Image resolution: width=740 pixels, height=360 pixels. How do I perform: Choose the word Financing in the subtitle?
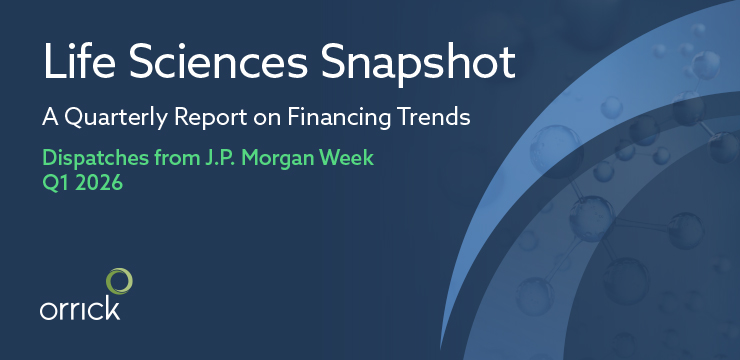(x=344, y=118)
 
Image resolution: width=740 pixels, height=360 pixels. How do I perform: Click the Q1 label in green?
(x=54, y=184)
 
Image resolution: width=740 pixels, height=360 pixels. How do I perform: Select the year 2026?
(x=99, y=184)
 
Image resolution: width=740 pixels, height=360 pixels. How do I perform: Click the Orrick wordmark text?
(x=80, y=309)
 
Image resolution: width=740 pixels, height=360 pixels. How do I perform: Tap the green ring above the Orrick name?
(x=119, y=280)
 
